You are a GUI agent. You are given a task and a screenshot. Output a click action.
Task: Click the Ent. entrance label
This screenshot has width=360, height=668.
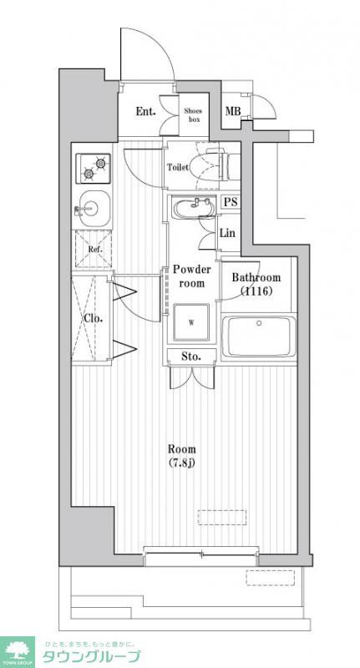(146, 111)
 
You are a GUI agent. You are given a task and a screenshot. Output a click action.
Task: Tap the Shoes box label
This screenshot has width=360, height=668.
(194, 114)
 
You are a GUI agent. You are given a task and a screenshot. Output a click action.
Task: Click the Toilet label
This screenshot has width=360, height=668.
(178, 167)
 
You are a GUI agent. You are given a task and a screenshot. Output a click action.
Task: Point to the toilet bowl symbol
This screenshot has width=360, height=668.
(210, 165)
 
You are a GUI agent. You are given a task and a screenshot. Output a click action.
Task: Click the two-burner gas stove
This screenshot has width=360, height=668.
(94, 169)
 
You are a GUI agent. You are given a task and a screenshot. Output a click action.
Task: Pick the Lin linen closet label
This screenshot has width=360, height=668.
(227, 233)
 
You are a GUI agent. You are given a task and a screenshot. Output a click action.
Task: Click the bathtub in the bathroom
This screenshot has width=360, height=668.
(259, 338)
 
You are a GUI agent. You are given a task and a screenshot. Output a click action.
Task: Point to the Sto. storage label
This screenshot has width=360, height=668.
(192, 357)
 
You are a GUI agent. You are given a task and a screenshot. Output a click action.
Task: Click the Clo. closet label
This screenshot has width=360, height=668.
(92, 318)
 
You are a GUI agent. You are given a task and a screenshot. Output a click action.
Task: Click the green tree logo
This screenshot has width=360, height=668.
(17, 649)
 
